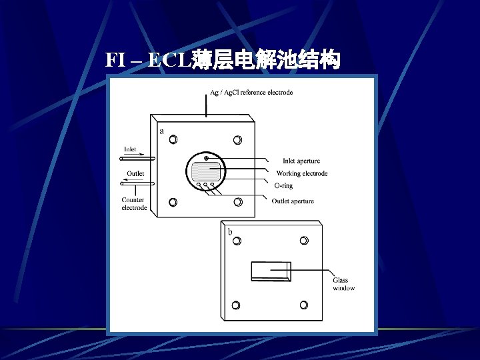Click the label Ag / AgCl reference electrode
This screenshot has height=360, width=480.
pyautogui.click(x=247, y=92)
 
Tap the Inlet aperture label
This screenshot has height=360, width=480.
pyautogui.click(x=301, y=161)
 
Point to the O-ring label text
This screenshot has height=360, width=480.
pyautogui.click(x=283, y=186)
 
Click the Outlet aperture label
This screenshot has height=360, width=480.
pyautogui.click(x=293, y=201)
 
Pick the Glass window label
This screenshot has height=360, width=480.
pyautogui.click(x=343, y=285)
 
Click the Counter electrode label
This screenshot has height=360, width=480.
pyautogui.click(x=134, y=204)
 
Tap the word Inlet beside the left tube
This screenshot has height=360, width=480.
pyautogui.click(x=130, y=149)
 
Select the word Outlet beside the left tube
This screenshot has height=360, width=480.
pyautogui.click(x=135, y=174)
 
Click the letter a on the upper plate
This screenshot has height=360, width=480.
pyautogui.click(x=161, y=131)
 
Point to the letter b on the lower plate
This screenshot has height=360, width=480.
pyautogui.click(x=230, y=232)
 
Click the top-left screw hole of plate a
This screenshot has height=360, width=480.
pyautogui.click(x=173, y=140)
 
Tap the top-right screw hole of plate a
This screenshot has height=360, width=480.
pyautogui.click(x=237, y=140)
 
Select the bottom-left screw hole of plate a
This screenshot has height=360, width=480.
pyautogui.click(x=173, y=202)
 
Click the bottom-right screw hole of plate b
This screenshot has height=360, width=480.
pyautogui.click(x=303, y=305)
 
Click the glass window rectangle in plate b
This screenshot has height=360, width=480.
pyautogui.click(x=271, y=271)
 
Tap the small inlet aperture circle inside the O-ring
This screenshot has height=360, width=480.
pyautogui.click(x=206, y=158)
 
